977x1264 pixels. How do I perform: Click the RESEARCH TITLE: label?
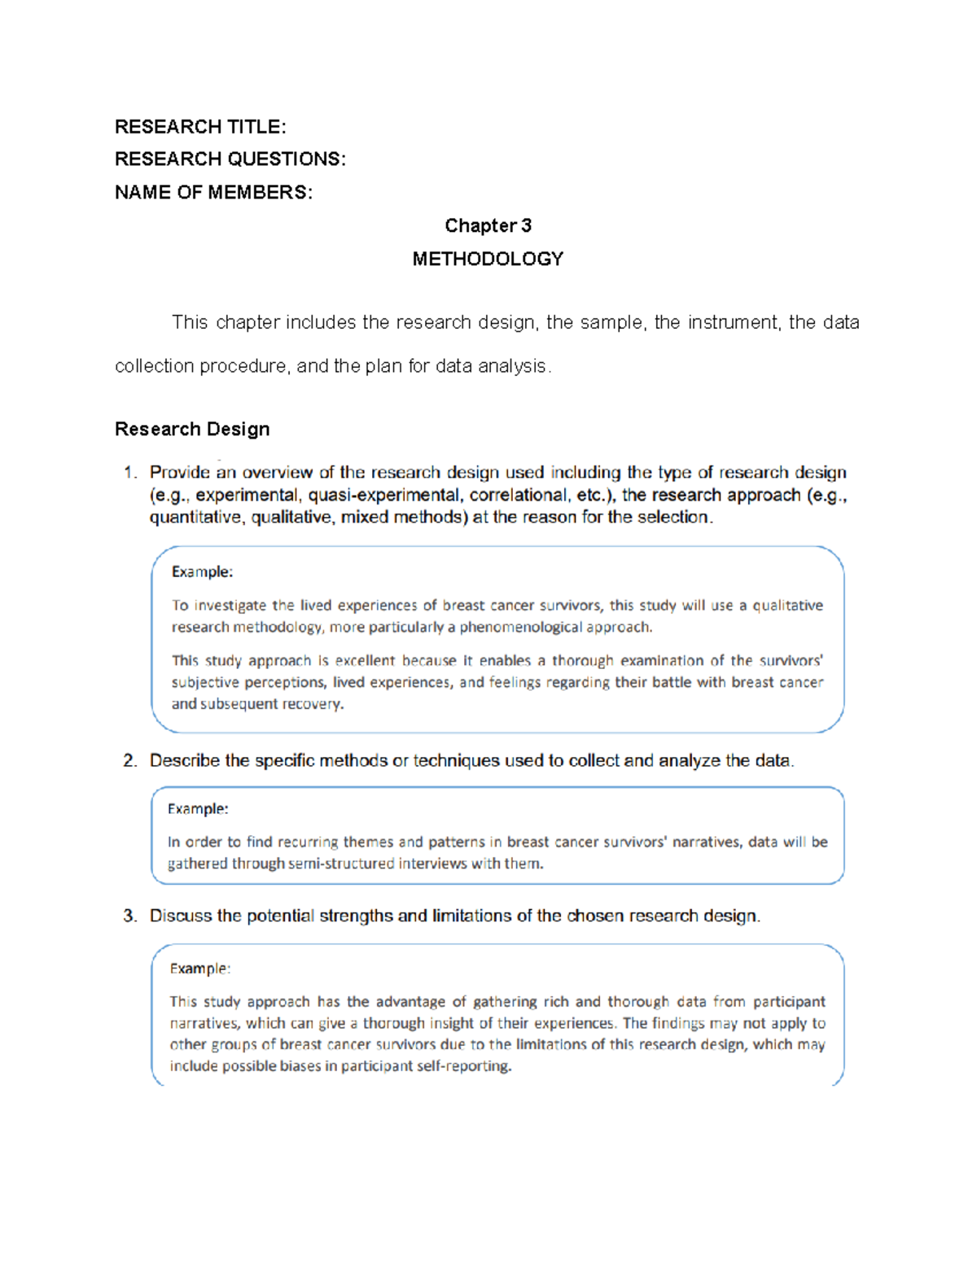(200, 127)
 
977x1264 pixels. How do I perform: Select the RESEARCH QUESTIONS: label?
(230, 160)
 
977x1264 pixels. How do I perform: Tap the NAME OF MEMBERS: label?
(213, 193)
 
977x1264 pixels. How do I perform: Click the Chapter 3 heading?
(488, 225)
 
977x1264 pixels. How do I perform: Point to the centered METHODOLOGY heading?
(488, 259)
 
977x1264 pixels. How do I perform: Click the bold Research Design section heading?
(192, 429)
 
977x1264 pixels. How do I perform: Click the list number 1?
(129, 473)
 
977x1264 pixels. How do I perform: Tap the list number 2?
(129, 761)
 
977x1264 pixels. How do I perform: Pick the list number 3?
(129, 916)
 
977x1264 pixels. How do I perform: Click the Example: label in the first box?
(202, 572)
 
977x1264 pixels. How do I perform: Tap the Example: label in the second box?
(198, 809)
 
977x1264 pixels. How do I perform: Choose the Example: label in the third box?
(199, 969)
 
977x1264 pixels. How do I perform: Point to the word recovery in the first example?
(312, 704)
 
